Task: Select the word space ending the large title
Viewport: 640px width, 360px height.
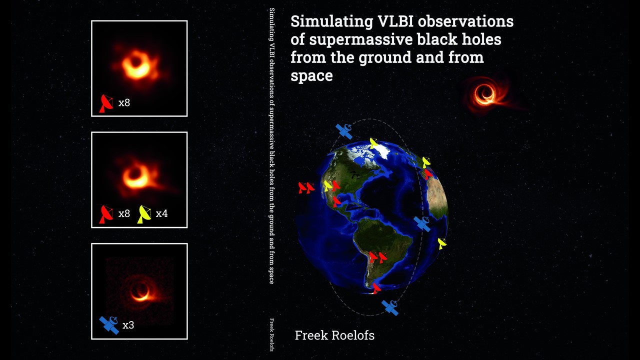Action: (x=311, y=76)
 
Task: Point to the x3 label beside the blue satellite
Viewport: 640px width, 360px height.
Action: (x=128, y=325)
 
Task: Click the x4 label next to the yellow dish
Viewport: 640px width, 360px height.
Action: (x=161, y=213)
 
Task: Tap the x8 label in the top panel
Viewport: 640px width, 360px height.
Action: (x=124, y=102)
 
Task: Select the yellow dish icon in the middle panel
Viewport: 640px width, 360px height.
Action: (x=144, y=214)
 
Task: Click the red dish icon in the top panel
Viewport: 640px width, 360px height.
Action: (x=106, y=103)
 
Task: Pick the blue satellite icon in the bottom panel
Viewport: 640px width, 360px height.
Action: (x=109, y=325)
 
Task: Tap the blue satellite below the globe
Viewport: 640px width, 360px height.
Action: (x=390, y=307)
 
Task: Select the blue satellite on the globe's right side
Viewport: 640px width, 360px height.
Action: (x=422, y=224)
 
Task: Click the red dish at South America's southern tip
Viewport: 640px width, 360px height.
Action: (x=376, y=288)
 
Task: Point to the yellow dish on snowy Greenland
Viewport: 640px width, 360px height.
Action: (x=373, y=143)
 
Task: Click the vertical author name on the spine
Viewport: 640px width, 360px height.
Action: (x=271, y=335)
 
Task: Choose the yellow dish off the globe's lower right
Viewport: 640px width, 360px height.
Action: (x=442, y=243)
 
